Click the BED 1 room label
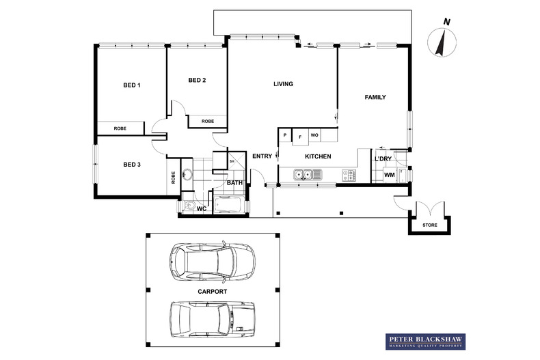click(131, 85)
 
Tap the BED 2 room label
click(197, 81)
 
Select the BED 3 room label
click(131, 164)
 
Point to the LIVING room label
click(283, 84)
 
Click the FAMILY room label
click(375, 97)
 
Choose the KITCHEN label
click(318, 156)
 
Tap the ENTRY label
click(262, 156)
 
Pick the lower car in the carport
click(212, 318)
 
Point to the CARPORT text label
click(212, 291)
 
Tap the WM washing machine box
click(389, 176)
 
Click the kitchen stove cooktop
click(349, 176)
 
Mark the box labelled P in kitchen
click(284, 136)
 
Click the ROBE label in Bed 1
click(120, 128)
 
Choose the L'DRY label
click(383, 159)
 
